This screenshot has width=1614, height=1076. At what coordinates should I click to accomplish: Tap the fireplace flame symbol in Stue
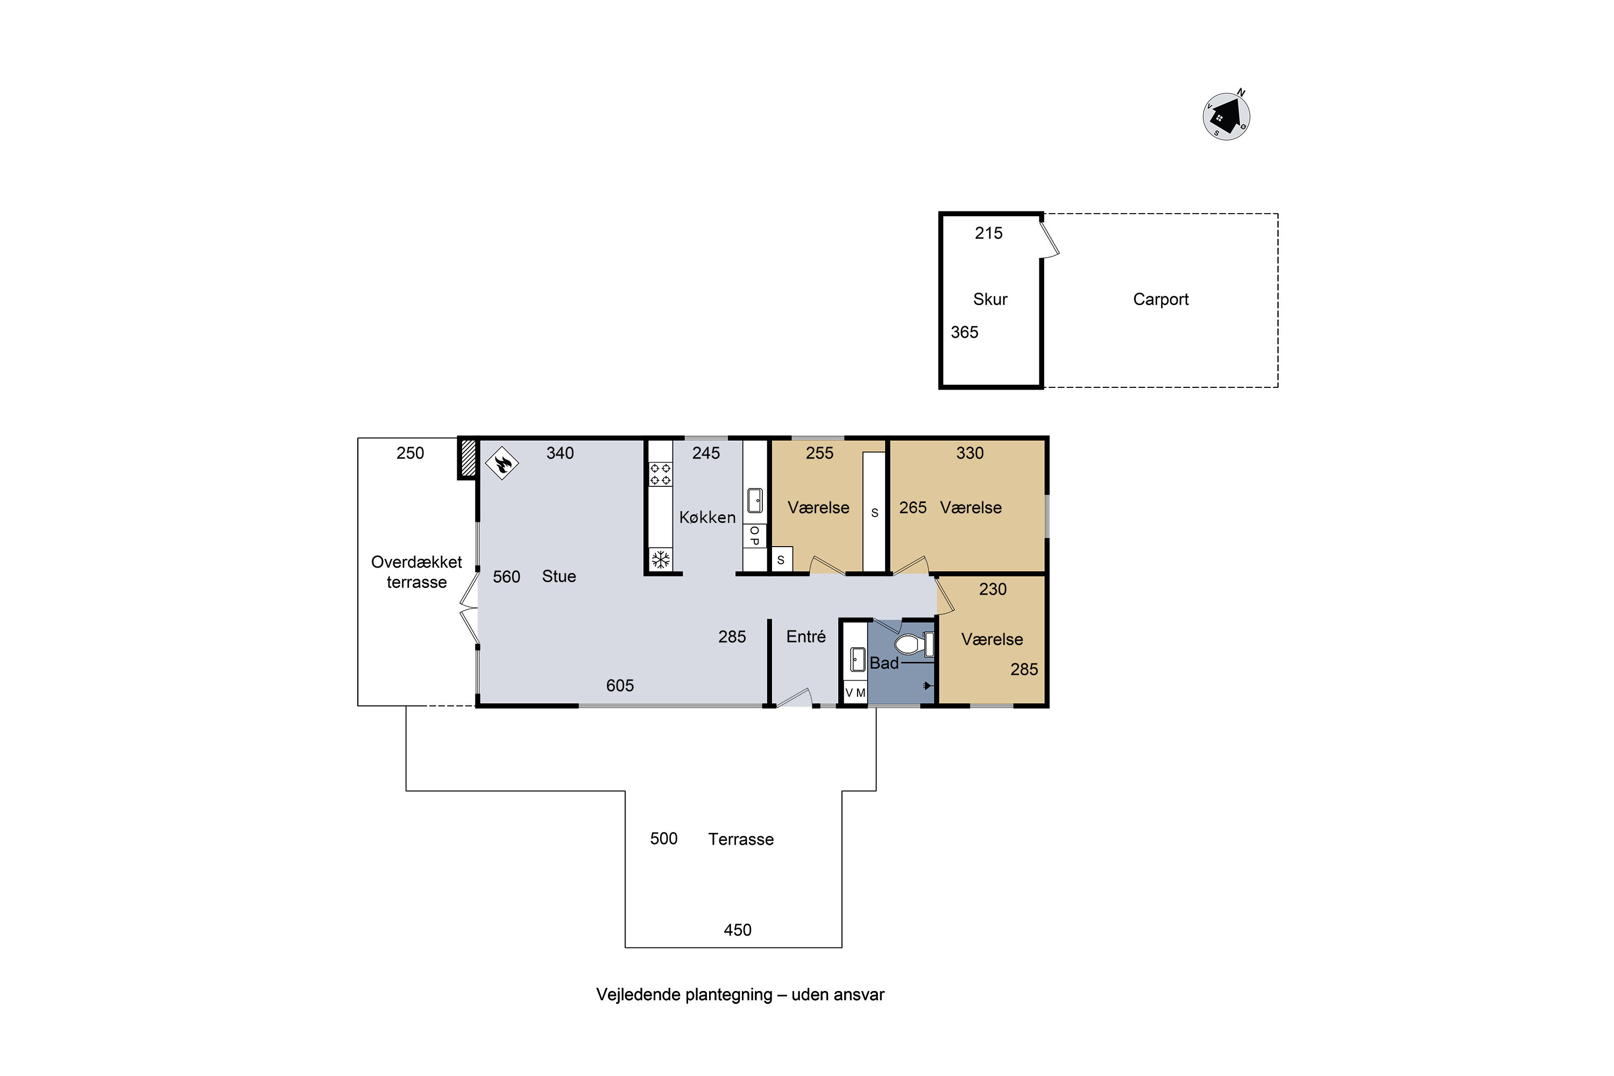pyautogui.click(x=502, y=463)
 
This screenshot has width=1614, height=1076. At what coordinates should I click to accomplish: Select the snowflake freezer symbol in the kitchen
pyautogui.click(x=661, y=560)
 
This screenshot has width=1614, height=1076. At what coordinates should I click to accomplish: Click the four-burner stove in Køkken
pyautogui.click(x=661, y=474)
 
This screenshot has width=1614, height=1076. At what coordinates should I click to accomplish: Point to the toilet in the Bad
pyautogui.click(x=914, y=645)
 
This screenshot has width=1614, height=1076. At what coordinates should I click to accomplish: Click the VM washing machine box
pyautogui.click(x=855, y=692)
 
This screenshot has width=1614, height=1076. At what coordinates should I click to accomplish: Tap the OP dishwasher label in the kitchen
pyautogui.click(x=754, y=536)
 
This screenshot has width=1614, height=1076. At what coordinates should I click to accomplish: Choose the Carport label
pyautogui.click(x=1160, y=299)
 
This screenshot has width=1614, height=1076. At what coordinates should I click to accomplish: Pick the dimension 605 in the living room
pyautogui.click(x=620, y=685)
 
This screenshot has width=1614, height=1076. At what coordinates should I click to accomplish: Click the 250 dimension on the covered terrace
pyautogui.click(x=410, y=453)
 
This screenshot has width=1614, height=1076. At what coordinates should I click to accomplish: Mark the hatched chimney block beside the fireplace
pyautogui.click(x=468, y=458)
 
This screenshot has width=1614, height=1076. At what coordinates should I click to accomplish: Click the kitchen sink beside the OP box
pyautogui.click(x=754, y=501)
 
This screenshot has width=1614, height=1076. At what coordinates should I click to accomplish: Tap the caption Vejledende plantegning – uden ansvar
pyautogui.click(x=740, y=994)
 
